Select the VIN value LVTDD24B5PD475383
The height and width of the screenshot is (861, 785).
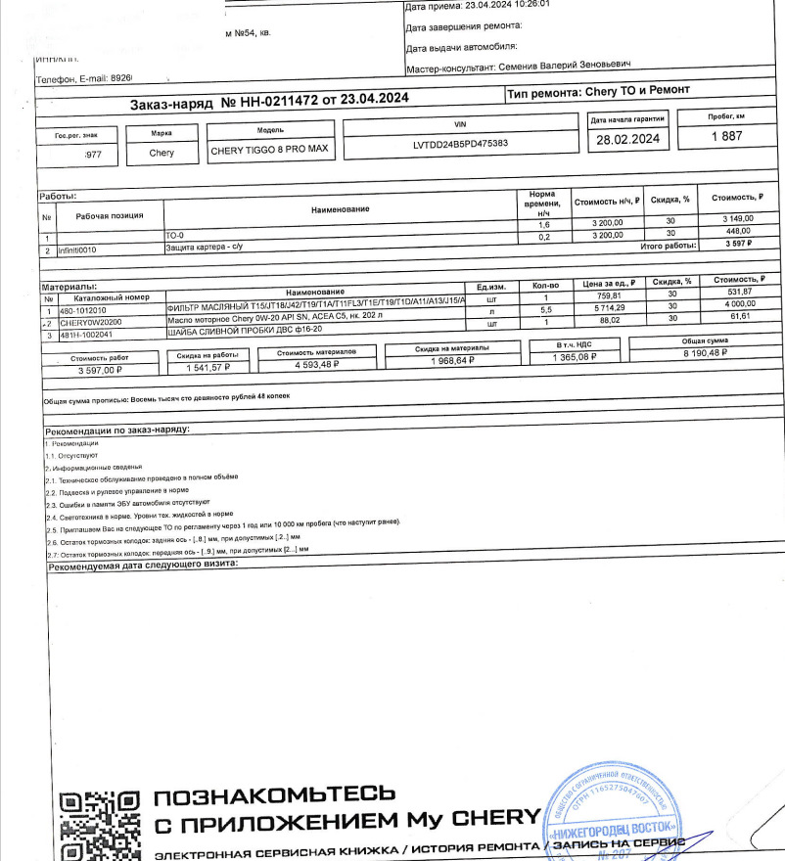coord(461,144)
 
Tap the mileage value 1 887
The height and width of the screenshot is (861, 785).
coord(726,138)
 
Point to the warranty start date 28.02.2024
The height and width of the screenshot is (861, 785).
coord(628,140)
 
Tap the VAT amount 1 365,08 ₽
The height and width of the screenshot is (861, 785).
coord(568,358)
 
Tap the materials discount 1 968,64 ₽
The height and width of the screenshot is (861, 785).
coord(451,361)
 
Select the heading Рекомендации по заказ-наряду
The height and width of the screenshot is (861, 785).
coord(118,430)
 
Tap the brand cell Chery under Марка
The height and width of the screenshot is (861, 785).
coord(162,153)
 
